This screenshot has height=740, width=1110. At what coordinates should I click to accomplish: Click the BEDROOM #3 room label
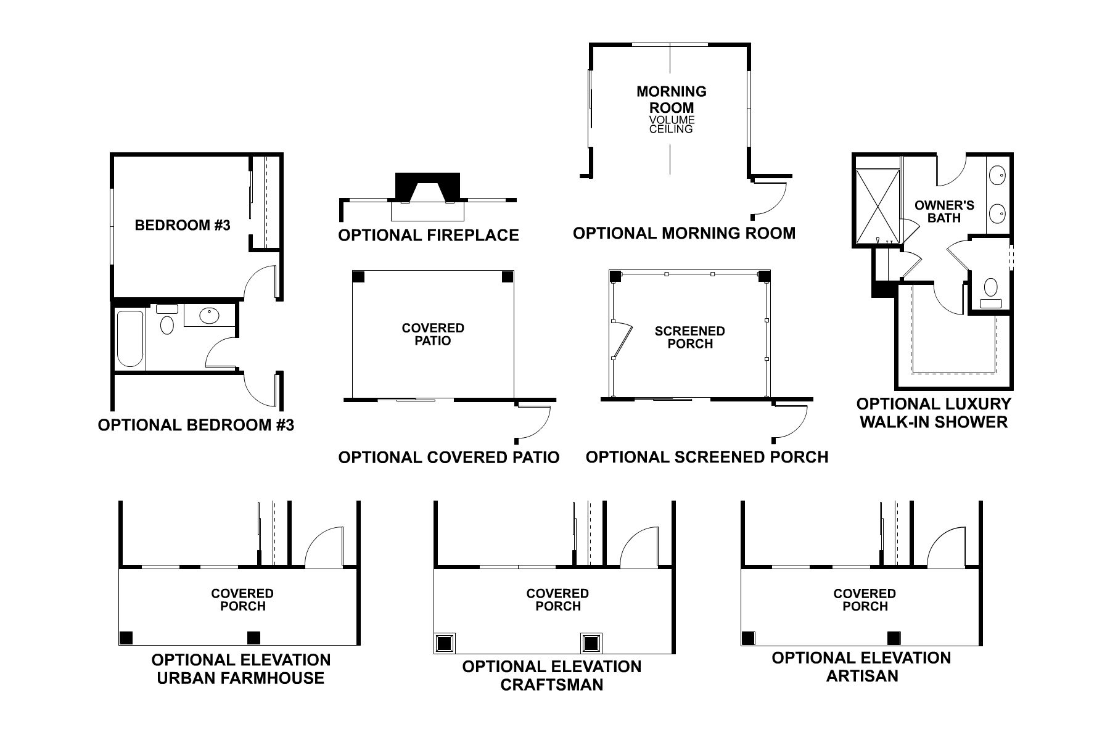[182, 225]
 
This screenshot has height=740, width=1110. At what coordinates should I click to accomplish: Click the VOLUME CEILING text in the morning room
[671, 125]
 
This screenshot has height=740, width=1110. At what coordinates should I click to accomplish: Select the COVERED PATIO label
[432, 334]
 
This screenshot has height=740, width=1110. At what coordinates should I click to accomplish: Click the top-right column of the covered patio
[507, 277]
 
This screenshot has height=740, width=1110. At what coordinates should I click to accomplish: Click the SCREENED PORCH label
[689, 337]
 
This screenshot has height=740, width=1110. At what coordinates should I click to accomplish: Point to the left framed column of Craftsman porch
[445, 644]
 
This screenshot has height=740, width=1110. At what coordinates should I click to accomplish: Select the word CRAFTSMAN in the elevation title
[551, 684]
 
